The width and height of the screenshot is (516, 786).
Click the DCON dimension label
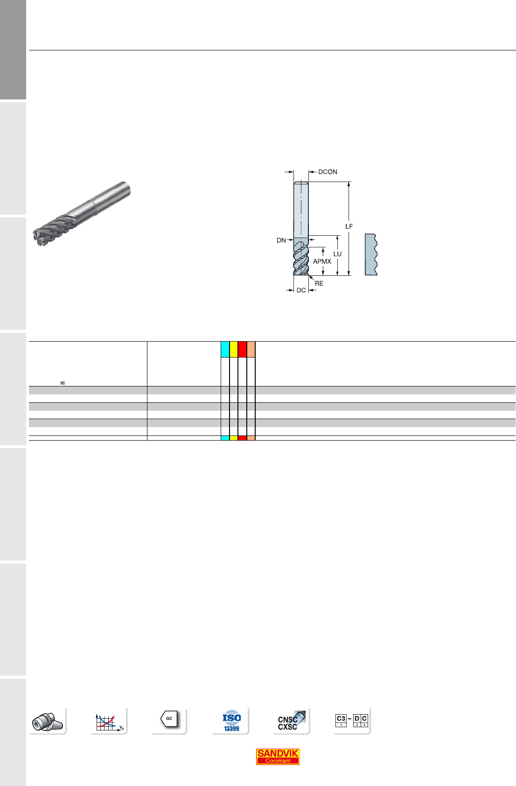coord(328,172)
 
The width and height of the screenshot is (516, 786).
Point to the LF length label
coord(349,227)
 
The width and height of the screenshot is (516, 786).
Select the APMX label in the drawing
coord(322,261)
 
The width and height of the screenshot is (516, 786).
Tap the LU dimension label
coord(337,254)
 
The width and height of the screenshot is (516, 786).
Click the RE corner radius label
coord(319,283)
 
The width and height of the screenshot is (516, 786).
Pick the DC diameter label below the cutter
coord(301,290)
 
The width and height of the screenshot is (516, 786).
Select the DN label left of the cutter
coord(281,240)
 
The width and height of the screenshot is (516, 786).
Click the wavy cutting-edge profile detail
coord(371,254)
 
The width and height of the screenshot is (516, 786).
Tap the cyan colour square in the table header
coord(225,350)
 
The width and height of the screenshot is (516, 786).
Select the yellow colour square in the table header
coord(234,350)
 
